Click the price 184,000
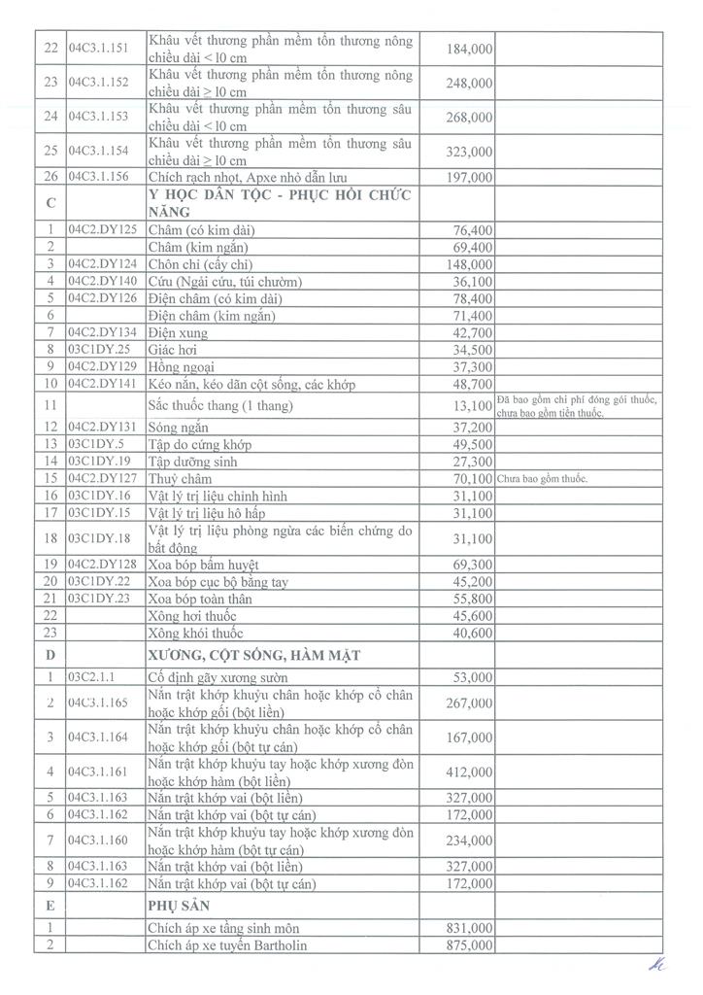[x=472, y=49]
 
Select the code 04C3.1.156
[x=98, y=177]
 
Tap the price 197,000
[x=472, y=178]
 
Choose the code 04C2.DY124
[x=105, y=264]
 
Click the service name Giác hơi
[x=172, y=350]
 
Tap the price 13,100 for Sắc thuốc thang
[x=474, y=405]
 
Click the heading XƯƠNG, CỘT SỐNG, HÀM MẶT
[x=253, y=656]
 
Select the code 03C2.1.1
[x=90, y=677]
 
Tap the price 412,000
[x=472, y=772]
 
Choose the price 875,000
[x=472, y=945]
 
